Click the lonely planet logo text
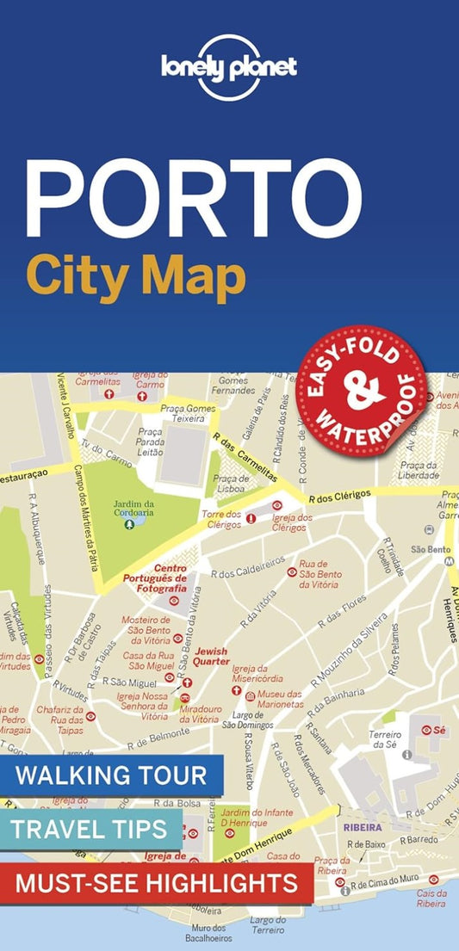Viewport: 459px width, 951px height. pos(229,67)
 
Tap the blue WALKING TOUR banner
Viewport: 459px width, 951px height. pos(111,775)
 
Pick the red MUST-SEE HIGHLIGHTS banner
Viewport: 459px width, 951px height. pos(156,882)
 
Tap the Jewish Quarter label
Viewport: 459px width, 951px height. pos(211,657)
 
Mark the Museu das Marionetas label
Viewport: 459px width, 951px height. pos(280,699)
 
